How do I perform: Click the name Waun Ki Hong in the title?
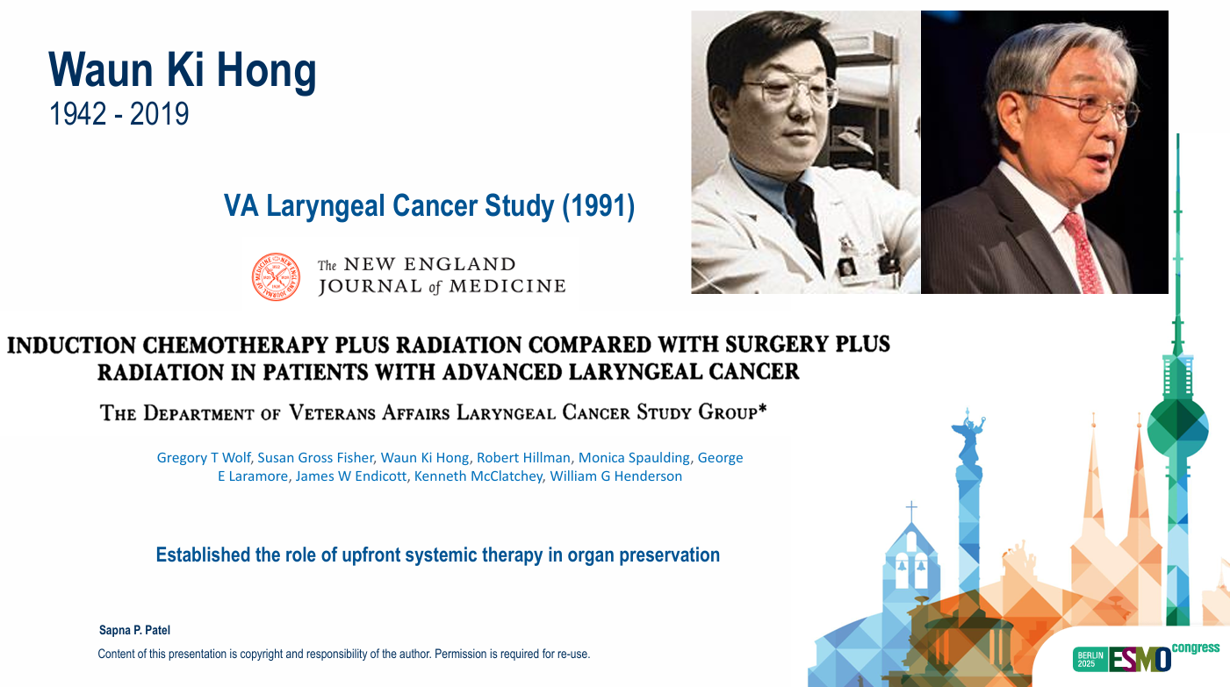183,71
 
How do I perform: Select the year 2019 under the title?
159,114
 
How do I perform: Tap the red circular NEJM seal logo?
276,276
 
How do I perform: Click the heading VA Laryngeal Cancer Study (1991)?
428,206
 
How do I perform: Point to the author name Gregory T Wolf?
204,458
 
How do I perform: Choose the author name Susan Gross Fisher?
316,458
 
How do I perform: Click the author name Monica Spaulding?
634,458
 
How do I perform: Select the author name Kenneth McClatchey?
478,476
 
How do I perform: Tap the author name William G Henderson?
616,476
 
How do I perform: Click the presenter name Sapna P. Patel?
134,630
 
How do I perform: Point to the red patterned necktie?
1083,253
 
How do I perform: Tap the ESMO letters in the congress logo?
1140,659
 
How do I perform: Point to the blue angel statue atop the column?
968,436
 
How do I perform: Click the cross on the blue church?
911,511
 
